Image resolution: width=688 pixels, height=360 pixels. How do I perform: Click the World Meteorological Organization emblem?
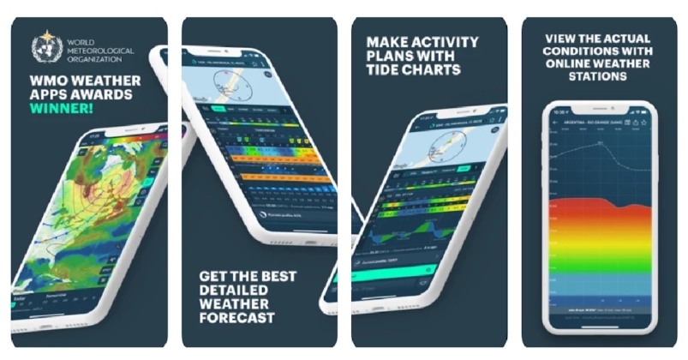[44, 45]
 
